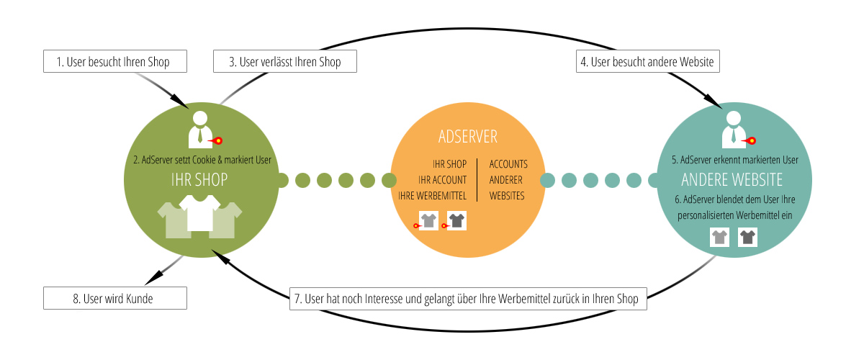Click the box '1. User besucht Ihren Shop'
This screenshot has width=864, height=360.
point(115,62)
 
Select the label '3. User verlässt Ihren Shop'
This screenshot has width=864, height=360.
point(285,62)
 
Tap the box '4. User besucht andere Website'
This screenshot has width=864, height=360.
point(647,62)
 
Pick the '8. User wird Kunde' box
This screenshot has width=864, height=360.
point(115,298)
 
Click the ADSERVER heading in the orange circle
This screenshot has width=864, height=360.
point(467,137)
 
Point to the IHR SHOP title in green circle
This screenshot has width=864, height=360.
point(200,180)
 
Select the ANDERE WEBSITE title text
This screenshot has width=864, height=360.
point(732,179)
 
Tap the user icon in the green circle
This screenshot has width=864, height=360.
point(200,130)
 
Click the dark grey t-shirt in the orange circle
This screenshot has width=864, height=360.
point(456,220)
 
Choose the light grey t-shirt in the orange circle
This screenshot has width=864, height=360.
point(429,220)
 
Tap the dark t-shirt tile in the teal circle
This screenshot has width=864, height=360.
point(747,237)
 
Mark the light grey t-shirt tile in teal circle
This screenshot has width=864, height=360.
point(720,237)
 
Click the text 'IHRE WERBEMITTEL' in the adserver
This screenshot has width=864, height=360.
point(432,195)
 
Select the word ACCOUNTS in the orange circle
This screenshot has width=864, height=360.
point(508,164)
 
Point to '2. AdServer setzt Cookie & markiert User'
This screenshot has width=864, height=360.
point(202,160)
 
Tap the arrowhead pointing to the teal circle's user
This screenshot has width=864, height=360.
point(717,104)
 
